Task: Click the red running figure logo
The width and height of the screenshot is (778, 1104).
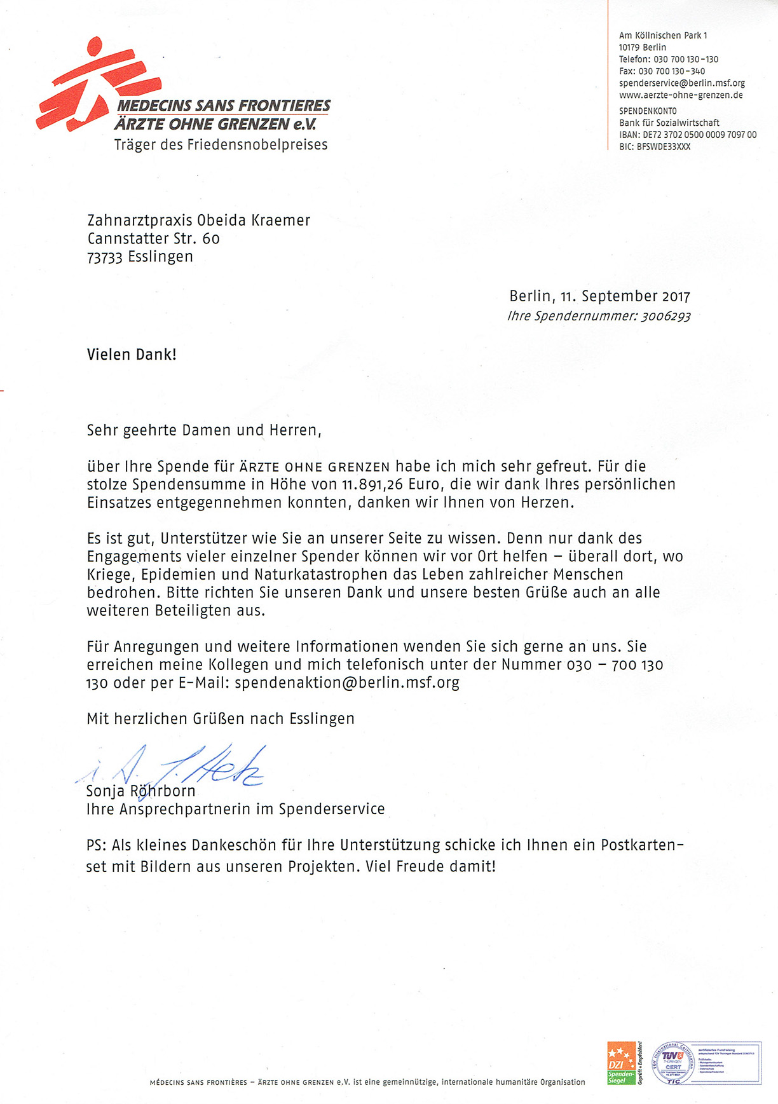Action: click(x=95, y=86)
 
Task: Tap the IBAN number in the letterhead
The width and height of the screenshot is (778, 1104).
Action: click(x=699, y=135)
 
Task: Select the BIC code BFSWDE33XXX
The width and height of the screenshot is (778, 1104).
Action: click(x=664, y=147)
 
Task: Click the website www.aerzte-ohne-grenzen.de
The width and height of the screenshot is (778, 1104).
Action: click(x=681, y=95)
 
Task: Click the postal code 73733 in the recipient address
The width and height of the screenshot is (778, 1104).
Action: click(x=104, y=257)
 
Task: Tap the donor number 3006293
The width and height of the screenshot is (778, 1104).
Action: click(x=665, y=316)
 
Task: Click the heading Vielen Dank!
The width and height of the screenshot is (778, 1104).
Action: click(x=132, y=355)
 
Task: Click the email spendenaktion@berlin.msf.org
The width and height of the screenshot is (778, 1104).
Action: click(x=347, y=683)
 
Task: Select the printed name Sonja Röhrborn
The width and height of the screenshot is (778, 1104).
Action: click(x=141, y=791)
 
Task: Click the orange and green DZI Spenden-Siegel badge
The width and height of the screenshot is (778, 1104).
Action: click(x=621, y=1063)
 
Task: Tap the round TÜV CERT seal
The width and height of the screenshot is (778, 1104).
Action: click(x=673, y=1063)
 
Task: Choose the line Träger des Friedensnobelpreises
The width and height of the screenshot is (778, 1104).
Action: click(x=221, y=145)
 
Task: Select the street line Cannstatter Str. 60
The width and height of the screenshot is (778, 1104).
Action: click(x=153, y=239)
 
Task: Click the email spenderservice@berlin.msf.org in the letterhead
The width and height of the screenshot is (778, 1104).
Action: click(x=681, y=83)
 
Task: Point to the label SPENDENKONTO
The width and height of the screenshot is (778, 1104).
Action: click(x=648, y=111)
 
